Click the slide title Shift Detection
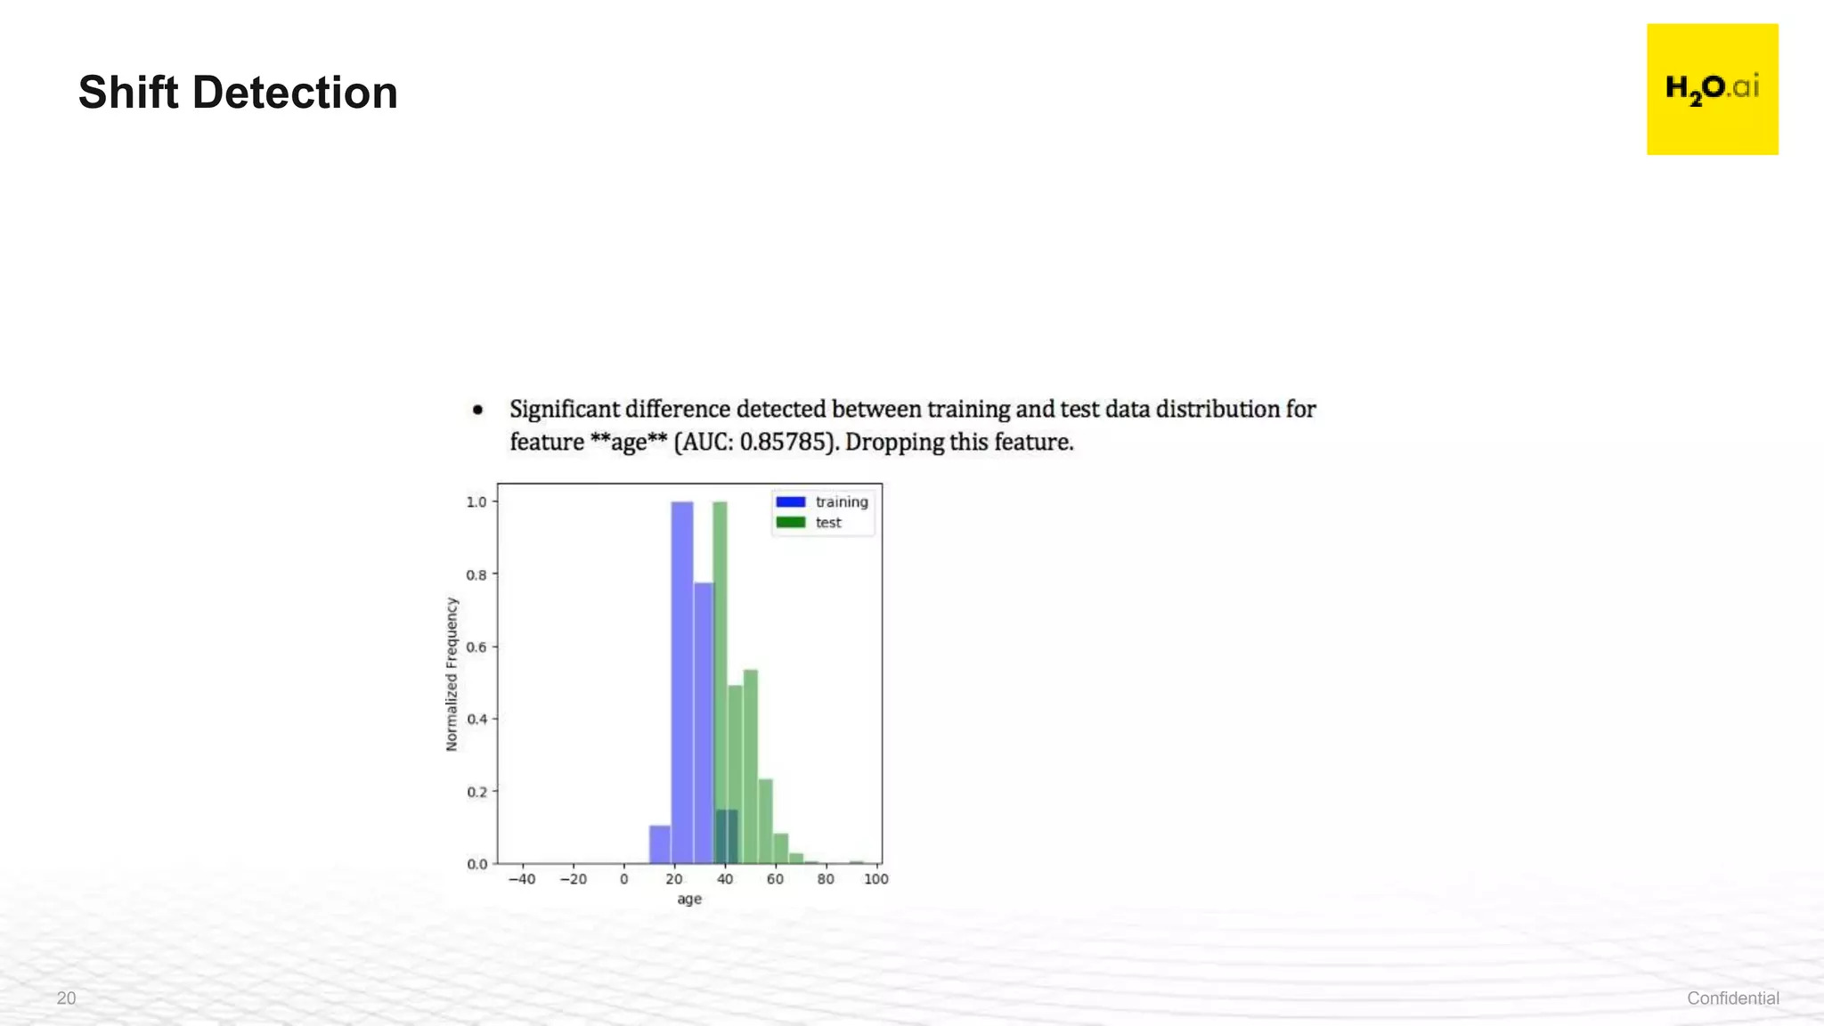238,93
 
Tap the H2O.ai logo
1712,89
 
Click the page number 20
66,998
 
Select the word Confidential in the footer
1732,998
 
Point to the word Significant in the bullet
564,410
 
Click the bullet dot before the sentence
478,410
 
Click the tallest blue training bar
682,677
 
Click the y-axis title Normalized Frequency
452,673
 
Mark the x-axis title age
689,900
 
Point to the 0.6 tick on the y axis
476,647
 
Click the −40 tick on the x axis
521,880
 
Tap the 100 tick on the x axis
876,880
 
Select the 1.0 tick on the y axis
476,502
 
